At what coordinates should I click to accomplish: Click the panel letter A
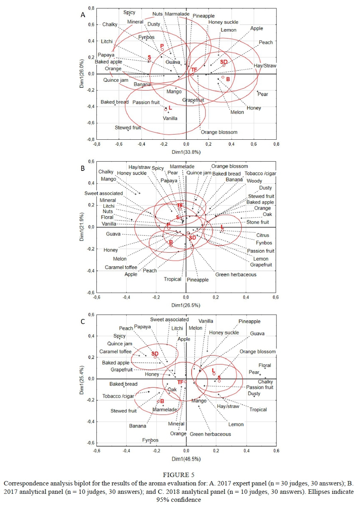point(83,15)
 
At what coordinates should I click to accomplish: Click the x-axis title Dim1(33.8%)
point(186,152)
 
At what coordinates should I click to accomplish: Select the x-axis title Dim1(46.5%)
point(186,459)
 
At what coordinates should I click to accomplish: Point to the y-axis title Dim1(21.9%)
point(81,227)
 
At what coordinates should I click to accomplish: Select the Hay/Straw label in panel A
point(265,65)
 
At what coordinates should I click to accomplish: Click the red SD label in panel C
point(155,354)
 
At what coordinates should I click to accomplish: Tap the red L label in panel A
point(170,108)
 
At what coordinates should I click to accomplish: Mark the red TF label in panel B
point(180,205)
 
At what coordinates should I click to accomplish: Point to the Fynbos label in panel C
point(150,440)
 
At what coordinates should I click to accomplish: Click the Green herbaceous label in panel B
point(236,274)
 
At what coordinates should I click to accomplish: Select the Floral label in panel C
point(265,365)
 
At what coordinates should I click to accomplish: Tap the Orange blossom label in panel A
point(219,132)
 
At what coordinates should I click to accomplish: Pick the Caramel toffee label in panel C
point(115,351)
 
